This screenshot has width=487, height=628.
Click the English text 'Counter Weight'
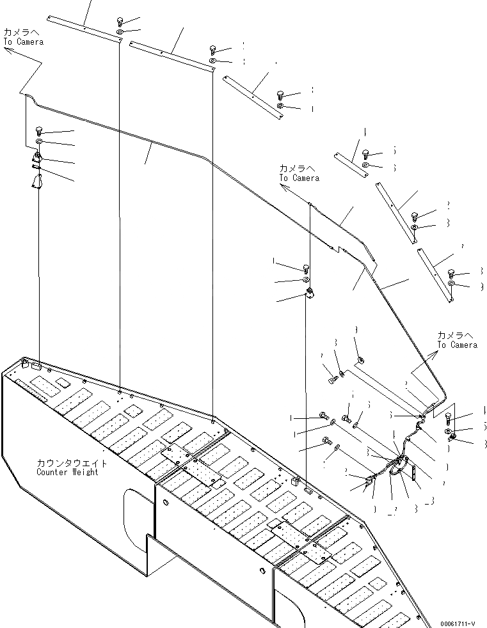click(67, 472)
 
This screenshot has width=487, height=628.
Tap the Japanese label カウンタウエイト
click(72, 462)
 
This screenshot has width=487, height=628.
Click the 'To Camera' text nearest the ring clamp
click(457, 345)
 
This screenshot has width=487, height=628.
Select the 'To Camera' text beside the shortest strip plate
click(299, 178)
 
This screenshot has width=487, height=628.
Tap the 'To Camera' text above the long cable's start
click(24, 42)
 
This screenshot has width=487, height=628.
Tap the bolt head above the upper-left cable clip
click(38, 130)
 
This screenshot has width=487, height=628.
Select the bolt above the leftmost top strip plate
click(120, 20)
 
